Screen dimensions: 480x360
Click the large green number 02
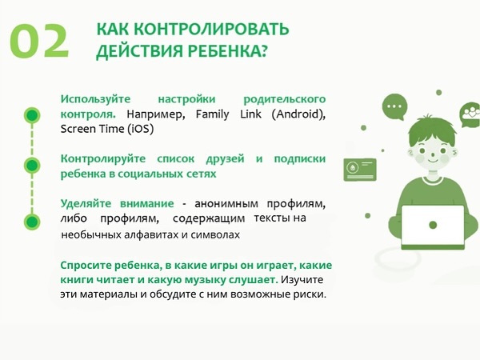coord(39,41)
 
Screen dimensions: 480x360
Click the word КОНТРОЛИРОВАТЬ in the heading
coord(211,30)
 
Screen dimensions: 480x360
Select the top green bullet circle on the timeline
coord(32,115)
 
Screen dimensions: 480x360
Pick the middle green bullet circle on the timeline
coord(32,166)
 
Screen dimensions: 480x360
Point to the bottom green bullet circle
coord(32,222)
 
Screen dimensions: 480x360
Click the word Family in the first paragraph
coord(213,114)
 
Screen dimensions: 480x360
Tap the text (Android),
coord(298,114)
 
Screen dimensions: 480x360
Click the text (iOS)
coord(141,129)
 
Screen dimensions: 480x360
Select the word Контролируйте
coord(103,159)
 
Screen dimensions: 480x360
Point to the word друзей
coord(225,159)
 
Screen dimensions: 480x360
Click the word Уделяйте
coord(86,203)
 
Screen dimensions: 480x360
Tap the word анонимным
coord(226,203)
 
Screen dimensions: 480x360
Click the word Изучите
coord(302,280)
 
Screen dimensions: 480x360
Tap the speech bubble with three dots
coord(394,106)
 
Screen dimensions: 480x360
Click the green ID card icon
coord(360,170)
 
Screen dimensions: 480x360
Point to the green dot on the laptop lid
coord(433,225)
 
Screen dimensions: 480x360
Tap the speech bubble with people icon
coord(470,114)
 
